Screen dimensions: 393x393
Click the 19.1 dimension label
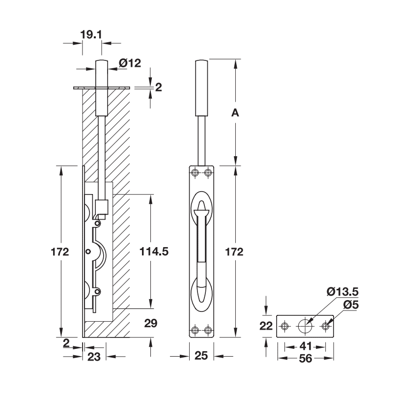coord(91,34)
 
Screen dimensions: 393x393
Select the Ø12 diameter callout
coord(130,63)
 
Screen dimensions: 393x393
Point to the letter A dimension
coord(235,113)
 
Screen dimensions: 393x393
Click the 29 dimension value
coord(150,323)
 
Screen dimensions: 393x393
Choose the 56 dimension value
coord(306,359)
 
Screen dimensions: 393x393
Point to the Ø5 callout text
coord(350,305)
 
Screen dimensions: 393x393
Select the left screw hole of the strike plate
coord(284,326)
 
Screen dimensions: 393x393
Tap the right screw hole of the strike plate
coord(326,326)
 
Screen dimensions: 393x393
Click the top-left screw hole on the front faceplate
coord(196,172)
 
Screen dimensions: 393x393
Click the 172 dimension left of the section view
coord(59,252)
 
